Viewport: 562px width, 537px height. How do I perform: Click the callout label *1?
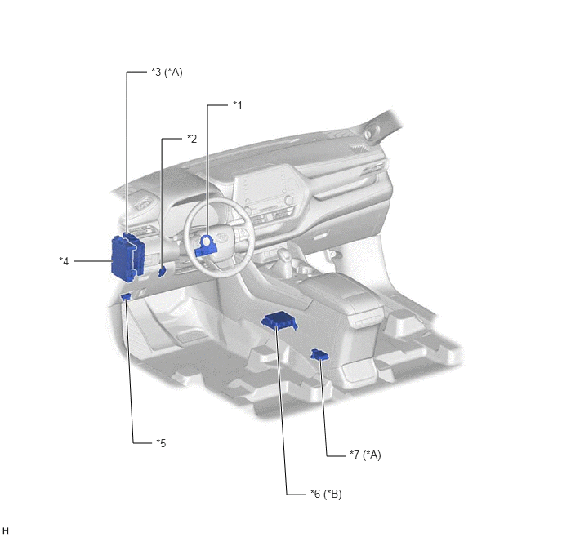point(238,105)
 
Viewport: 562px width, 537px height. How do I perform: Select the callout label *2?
point(192,139)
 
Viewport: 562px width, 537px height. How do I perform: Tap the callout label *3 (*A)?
point(167,73)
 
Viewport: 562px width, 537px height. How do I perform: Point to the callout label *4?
point(64,261)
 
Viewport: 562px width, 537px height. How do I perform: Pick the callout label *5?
point(161,443)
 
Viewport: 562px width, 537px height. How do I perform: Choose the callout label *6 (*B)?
point(326,494)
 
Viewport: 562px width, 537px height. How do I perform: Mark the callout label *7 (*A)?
point(365,455)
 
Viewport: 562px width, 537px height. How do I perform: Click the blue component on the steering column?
point(206,246)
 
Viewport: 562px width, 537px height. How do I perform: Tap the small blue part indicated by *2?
point(163,272)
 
